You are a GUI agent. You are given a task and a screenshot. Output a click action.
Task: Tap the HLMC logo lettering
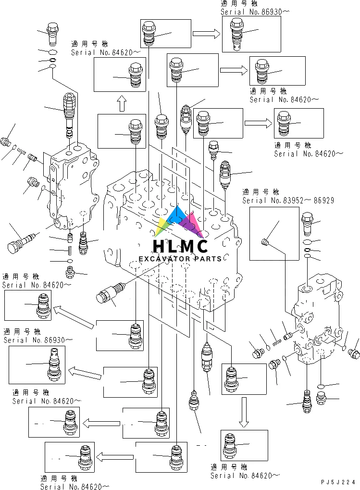click(x=180, y=246)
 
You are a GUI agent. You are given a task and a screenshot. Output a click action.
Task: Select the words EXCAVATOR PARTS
click(x=180, y=259)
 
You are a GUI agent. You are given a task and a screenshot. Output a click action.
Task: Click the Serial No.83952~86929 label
click(x=288, y=200)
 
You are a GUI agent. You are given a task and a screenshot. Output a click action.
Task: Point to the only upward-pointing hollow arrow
click(x=121, y=102)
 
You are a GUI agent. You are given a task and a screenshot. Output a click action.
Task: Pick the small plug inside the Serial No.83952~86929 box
click(x=264, y=242)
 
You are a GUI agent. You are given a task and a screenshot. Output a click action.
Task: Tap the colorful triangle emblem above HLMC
click(x=180, y=222)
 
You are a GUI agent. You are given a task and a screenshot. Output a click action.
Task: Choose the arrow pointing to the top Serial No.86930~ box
click(x=206, y=33)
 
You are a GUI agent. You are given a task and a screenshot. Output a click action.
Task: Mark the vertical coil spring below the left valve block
click(x=70, y=250)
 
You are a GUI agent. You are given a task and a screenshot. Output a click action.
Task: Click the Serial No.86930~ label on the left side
click(x=38, y=339)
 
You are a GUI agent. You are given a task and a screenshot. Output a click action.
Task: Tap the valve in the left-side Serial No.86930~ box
click(x=53, y=366)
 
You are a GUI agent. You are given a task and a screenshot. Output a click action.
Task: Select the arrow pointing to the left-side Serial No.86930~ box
click(x=85, y=371)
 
